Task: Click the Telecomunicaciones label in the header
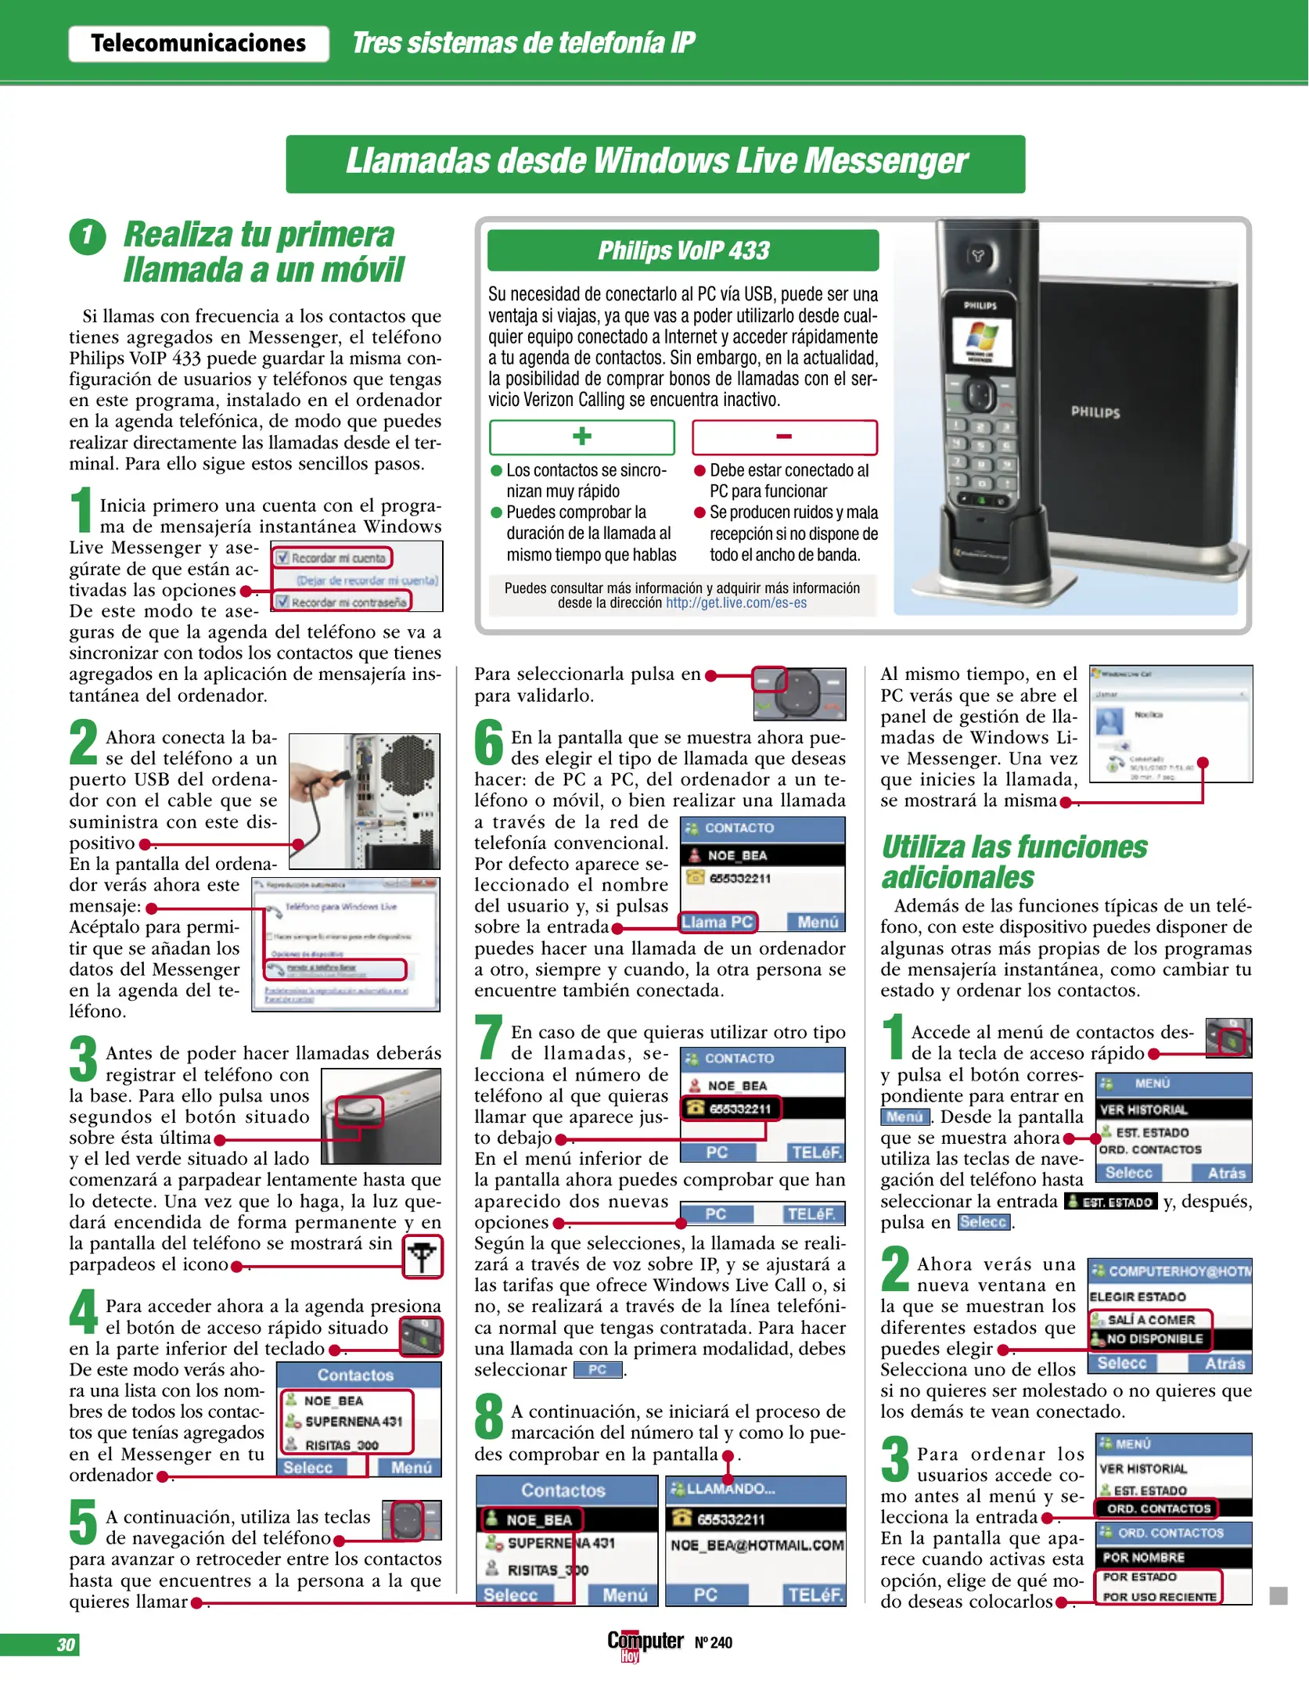click(x=198, y=43)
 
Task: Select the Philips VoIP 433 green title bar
click(x=682, y=250)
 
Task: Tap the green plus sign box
click(x=581, y=437)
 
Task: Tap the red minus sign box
click(x=784, y=437)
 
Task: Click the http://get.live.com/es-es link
click(x=735, y=603)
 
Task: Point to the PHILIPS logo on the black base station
click(x=1095, y=412)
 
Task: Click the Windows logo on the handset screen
click(x=981, y=336)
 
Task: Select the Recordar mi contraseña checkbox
click(x=282, y=602)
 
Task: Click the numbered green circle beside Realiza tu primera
click(x=88, y=236)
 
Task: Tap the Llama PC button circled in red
click(x=717, y=922)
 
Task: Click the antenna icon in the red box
click(x=423, y=1257)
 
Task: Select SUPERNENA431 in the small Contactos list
click(x=353, y=1422)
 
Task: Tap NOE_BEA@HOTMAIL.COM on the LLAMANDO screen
click(x=756, y=1545)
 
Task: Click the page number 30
click(x=66, y=1645)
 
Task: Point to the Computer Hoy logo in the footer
click(x=645, y=1643)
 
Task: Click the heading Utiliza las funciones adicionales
click(x=1014, y=861)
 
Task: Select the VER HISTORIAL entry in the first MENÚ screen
click(x=1143, y=1109)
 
